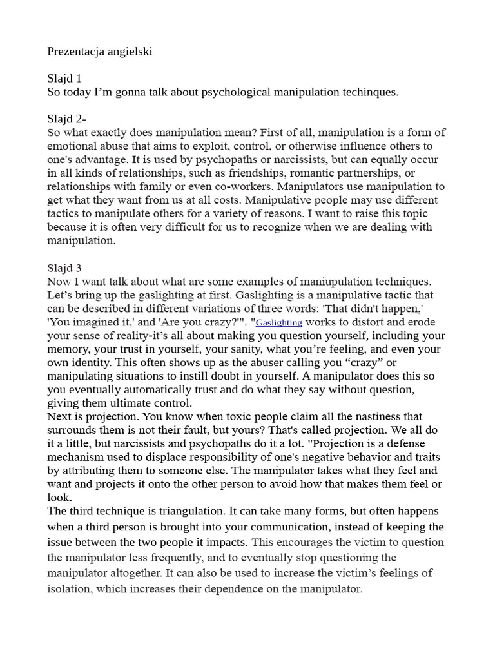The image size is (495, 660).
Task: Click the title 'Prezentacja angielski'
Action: (x=100, y=52)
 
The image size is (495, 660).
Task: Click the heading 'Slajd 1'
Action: (x=64, y=79)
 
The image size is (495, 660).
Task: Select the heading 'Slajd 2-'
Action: (x=66, y=119)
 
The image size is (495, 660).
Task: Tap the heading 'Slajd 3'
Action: (x=64, y=268)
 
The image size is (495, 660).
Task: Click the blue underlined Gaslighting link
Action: (x=279, y=323)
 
